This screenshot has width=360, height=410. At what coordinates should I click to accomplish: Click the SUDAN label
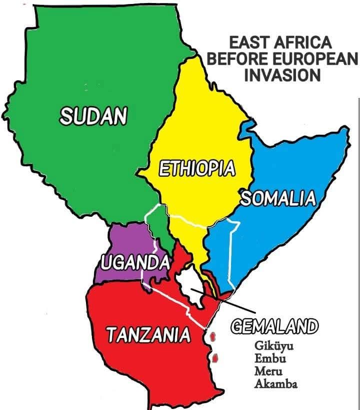pos(93,116)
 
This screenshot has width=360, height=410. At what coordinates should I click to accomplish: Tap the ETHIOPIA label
pos(196,168)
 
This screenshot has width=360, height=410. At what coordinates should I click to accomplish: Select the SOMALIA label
pos(278,198)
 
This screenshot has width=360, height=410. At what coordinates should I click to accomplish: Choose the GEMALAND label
pos(273,327)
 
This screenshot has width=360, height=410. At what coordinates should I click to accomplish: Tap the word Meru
pos(268,372)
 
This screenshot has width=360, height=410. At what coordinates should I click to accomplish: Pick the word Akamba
pos(275,384)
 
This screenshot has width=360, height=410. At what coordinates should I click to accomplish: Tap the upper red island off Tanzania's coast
pos(213,337)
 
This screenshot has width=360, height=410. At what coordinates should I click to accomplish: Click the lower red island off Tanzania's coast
pos(216,358)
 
